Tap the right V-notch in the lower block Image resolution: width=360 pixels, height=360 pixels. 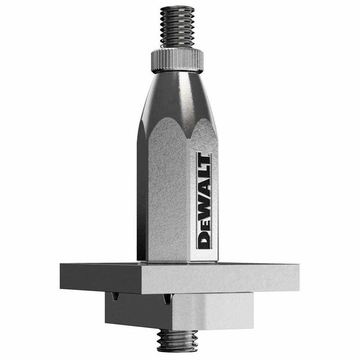(166, 298)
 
